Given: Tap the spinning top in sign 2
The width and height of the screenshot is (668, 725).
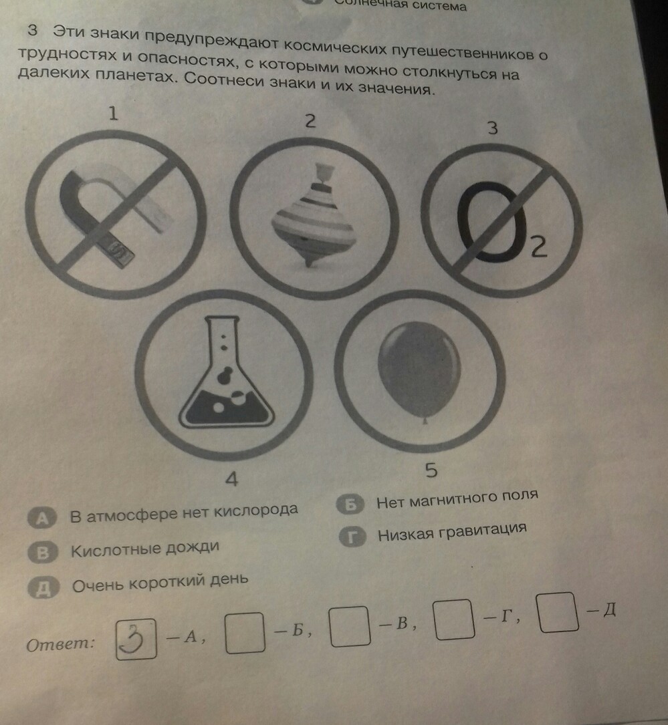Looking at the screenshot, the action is (313, 214).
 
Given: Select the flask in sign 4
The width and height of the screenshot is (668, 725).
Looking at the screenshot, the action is (226, 372).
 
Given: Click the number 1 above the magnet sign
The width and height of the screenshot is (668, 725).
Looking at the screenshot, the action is (113, 114).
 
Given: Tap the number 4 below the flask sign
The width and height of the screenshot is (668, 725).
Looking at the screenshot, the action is (231, 479).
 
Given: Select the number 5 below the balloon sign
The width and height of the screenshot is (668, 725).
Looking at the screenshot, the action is (431, 470).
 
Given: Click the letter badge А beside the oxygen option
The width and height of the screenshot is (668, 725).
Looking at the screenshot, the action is (41, 519).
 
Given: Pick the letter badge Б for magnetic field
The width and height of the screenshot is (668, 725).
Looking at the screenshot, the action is (350, 504).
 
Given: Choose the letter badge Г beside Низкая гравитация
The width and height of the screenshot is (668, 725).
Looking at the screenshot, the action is (352, 537).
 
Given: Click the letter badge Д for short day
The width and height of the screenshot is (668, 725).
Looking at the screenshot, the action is (43, 588).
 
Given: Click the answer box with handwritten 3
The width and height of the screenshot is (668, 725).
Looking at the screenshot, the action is (136, 639).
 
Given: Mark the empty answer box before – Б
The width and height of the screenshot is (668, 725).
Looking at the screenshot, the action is (245, 633).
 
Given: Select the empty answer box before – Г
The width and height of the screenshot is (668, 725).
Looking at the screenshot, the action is (455, 619).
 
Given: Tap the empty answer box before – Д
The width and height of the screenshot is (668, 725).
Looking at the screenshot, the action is (559, 611).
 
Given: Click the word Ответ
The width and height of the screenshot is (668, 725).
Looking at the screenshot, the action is (61, 643).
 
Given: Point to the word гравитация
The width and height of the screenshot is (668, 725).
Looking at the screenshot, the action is (483, 531).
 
